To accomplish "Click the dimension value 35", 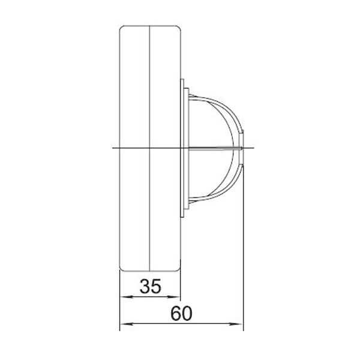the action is click(151, 286).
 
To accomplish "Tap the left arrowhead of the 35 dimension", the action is click(127, 297).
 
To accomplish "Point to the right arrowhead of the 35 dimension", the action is click(173, 297).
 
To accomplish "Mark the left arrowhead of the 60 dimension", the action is click(127, 324).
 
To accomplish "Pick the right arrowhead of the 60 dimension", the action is click(236, 324).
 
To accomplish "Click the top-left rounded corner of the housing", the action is click(121, 28).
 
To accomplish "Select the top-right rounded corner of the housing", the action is click(179, 28).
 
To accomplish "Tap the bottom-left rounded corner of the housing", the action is click(121, 269).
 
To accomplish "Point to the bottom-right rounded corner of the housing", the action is click(179, 269).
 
